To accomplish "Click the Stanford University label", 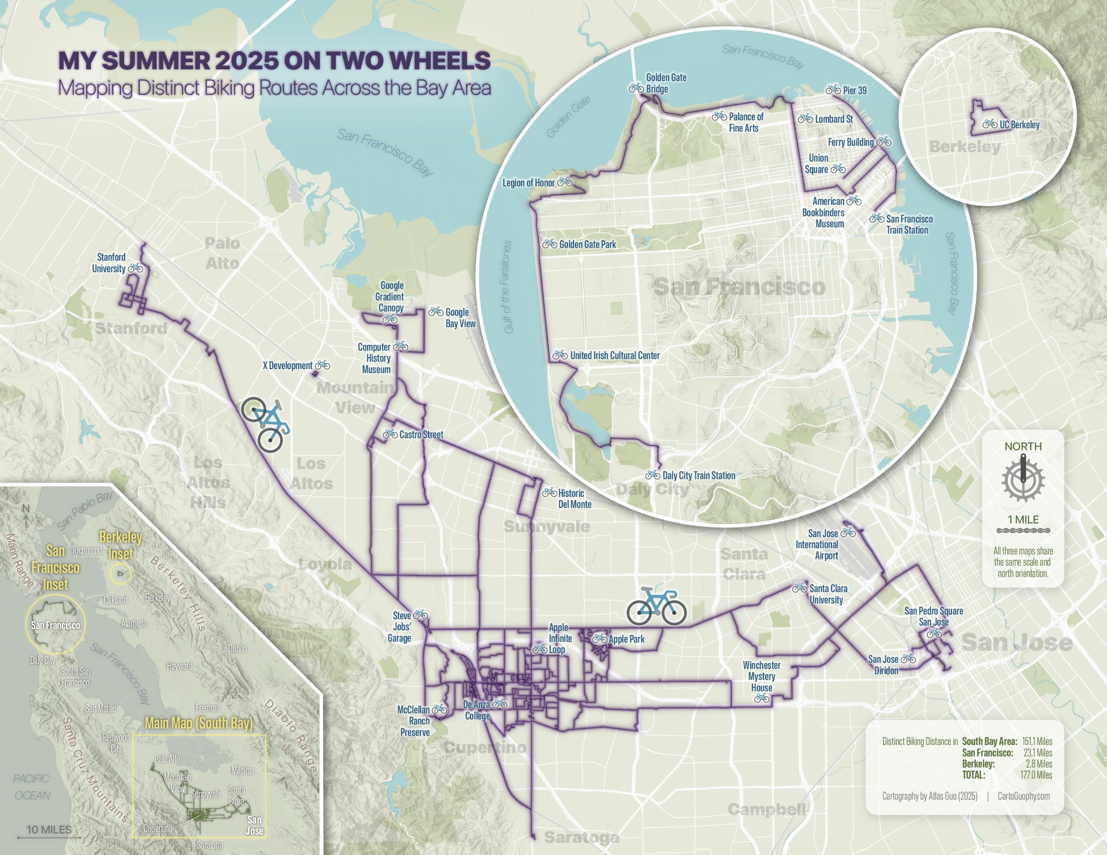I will pos(111,263).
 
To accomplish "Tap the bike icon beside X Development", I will pos(323,365).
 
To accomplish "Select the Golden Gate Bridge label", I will pos(666,83).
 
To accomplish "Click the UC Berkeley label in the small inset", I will pos(1019,125).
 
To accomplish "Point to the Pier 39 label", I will pos(855,90).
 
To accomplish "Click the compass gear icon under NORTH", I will pos(1023,479).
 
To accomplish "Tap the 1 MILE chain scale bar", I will pos(1023,530).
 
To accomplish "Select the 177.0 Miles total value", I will pos(1036,775).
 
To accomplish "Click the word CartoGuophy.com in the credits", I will pos(1023,796).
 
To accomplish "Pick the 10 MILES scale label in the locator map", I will pos(49,830).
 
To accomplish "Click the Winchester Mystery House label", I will pos(762,676).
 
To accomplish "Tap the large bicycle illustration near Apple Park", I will pos(656,607).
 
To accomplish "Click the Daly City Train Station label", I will pos(699,475).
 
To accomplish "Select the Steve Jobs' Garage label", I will pos(401,627).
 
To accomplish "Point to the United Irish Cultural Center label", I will pos(614,355).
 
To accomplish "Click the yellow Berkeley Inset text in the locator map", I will pos(121,545).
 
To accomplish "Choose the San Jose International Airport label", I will pos(817,545).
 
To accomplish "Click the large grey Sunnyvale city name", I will pos(546,526).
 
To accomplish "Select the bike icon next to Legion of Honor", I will pos(565,182).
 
